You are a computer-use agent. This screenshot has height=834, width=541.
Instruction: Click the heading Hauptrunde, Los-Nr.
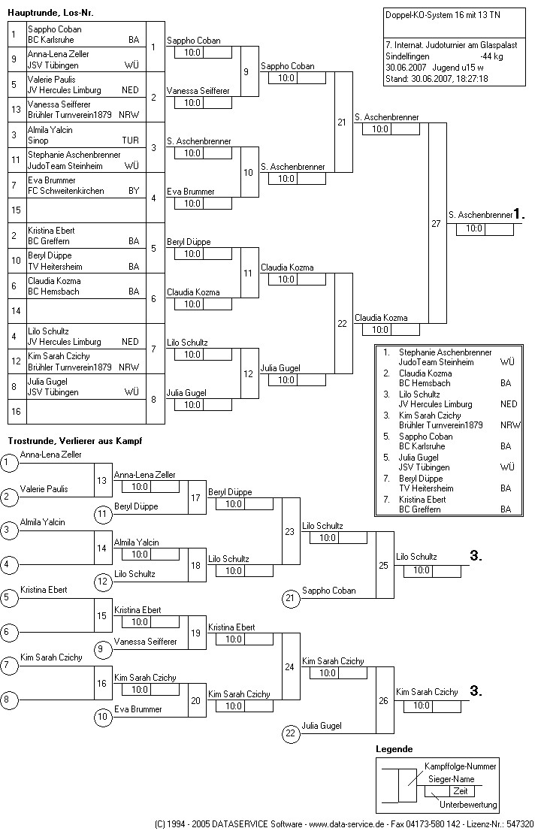pos(50,13)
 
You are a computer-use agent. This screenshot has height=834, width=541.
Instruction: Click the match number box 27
pos(437,223)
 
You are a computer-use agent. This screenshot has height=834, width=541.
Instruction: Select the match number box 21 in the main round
pos(343,122)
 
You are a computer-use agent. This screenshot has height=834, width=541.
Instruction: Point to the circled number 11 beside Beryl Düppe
pos(103,513)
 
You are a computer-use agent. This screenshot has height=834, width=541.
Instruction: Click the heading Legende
pos(394,749)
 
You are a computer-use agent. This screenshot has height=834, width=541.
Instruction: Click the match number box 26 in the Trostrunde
pos(384,700)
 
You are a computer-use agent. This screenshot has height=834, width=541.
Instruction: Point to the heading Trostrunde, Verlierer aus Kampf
pos(75,440)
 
